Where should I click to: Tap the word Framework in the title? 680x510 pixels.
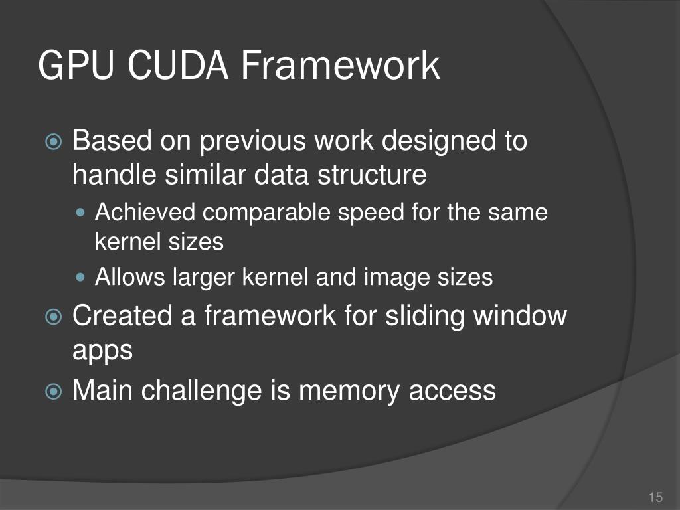point(339,66)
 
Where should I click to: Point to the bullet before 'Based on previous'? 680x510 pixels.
point(54,142)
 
